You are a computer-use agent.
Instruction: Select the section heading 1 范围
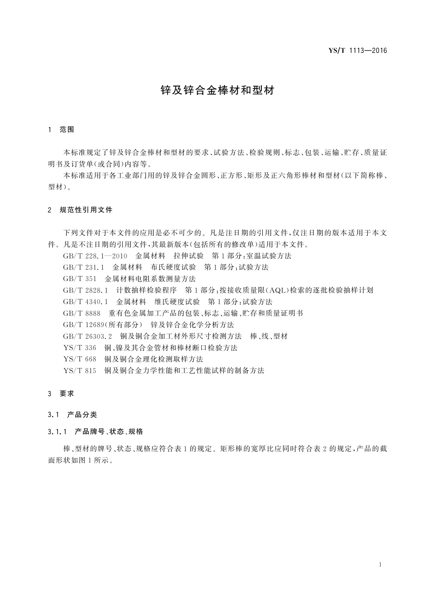(x=61, y=130)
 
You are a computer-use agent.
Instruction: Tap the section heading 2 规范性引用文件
(x=80, y=210)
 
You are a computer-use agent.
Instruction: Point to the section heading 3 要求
(x=61, y=394)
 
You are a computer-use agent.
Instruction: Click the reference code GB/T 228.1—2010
(x=95, y=256)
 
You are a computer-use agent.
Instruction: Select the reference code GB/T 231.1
(x=84, y=267)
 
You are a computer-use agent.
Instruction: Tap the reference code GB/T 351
(x=80, y=279)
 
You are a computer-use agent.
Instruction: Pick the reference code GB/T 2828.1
(x=85, y=290)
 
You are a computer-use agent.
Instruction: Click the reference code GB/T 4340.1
(x=85, y=302)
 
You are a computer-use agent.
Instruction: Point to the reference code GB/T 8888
(x=81, y=313)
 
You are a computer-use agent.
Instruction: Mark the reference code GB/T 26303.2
(x=87, y=336)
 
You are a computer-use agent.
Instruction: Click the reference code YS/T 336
(x=80, y=348)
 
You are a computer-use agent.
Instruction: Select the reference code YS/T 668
(x=80, y=359)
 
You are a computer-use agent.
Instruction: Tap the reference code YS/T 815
(x=80, y=371)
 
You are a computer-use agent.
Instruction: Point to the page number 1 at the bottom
(x=381, y=565)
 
